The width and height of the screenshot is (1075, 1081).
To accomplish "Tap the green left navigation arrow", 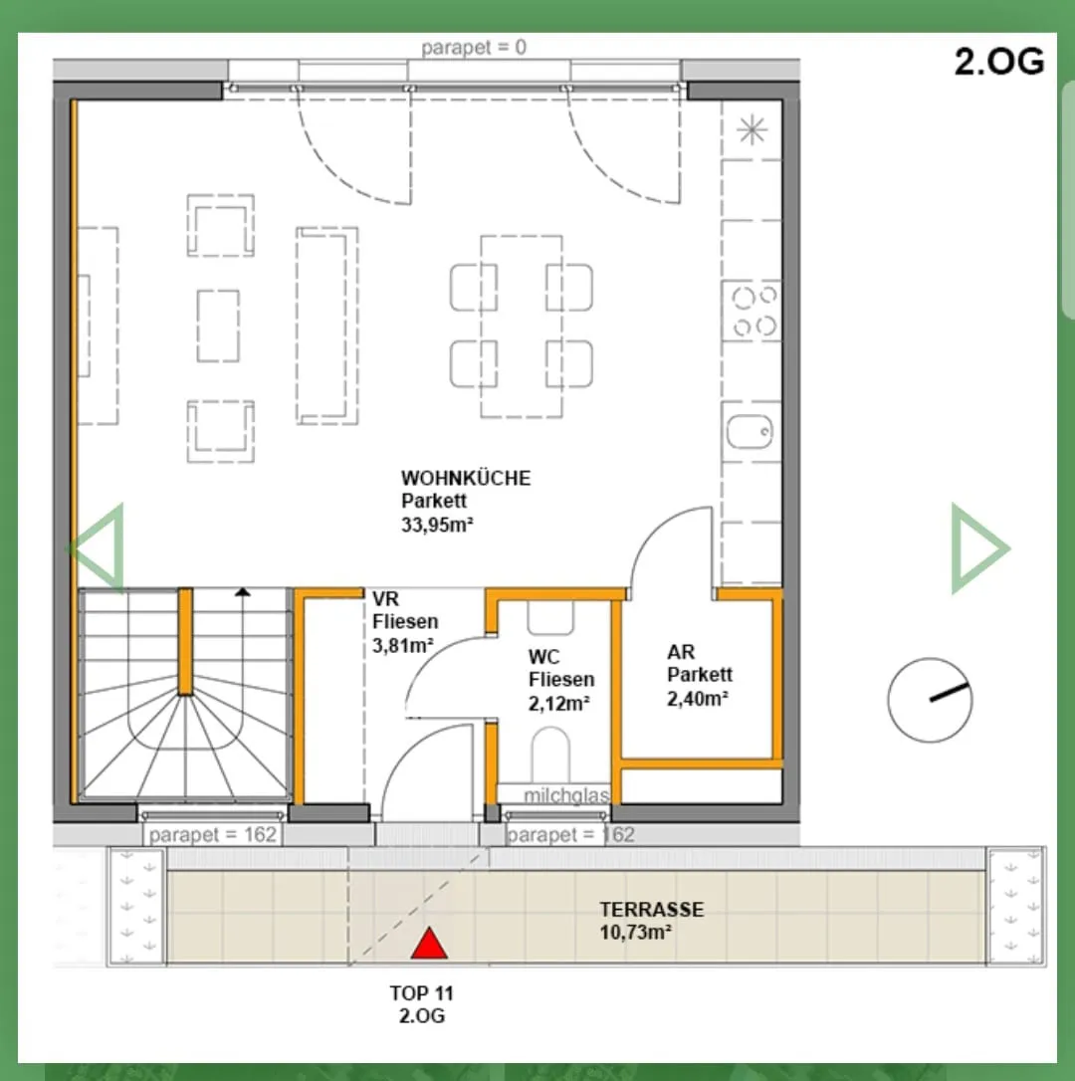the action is coord(97,548).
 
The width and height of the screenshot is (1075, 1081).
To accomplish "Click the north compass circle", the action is coord(931,700).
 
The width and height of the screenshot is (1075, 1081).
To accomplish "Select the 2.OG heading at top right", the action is coord(999,62).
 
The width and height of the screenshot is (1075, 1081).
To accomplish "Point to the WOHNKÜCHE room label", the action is coord(466,478).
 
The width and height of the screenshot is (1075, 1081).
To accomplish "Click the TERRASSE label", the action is coord(652,910).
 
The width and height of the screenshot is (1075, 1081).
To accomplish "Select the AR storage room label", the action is coord(681,652).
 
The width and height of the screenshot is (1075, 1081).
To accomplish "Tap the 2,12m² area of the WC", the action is coord(559,703).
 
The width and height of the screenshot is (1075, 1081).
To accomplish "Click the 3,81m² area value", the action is coord(403,645).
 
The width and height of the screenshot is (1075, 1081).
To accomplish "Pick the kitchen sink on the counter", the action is coord(751,432).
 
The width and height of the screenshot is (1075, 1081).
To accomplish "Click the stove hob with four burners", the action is coord(752,311).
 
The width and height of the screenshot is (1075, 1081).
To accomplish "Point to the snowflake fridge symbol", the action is coord(752,129).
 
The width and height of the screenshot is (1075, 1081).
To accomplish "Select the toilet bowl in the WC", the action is coord(550,755).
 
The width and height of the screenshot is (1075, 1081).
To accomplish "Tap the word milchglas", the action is coord(566,795).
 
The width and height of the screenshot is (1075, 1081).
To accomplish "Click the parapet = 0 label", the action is coord(474,47).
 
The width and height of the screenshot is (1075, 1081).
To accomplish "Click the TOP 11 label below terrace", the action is coord(421,992).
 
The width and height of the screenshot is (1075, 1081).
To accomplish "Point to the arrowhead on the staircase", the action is coord(242,591).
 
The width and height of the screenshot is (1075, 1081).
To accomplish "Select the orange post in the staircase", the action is coord(185,641).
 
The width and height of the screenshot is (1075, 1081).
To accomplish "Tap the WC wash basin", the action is coord(550,618).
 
